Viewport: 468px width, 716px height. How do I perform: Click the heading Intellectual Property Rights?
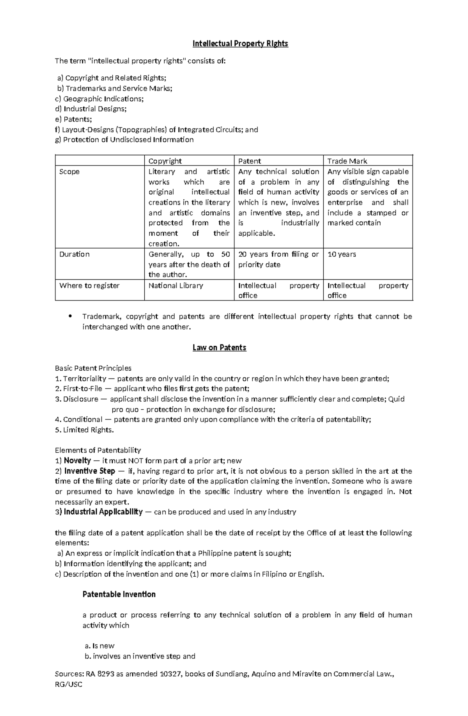coord(240,43)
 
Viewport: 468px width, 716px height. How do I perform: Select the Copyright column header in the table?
coord(165,161)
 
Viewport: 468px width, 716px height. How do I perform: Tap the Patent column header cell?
coord(250,161)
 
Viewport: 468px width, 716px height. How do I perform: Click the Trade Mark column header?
coord(347,161)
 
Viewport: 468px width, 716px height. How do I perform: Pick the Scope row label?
coord(69,172)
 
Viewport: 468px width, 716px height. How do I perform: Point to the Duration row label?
coord(74,254)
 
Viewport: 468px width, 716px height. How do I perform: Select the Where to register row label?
coord(89,285)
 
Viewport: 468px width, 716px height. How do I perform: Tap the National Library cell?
coord(175,285)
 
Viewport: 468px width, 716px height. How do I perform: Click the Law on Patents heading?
coord(219,347)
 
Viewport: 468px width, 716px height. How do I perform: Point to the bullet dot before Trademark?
coord(70,316)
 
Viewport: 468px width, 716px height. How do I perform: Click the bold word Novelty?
coord(77,460)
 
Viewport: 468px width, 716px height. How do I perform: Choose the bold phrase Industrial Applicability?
coord(103,512)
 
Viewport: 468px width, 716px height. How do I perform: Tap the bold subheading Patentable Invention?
coord(119,594)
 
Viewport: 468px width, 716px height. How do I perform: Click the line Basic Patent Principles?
coord(93,368)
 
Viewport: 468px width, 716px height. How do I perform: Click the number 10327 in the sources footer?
coord(170,674)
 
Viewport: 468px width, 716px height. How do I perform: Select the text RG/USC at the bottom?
coord(69,684)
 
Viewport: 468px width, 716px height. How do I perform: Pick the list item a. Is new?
coord(99,645)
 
